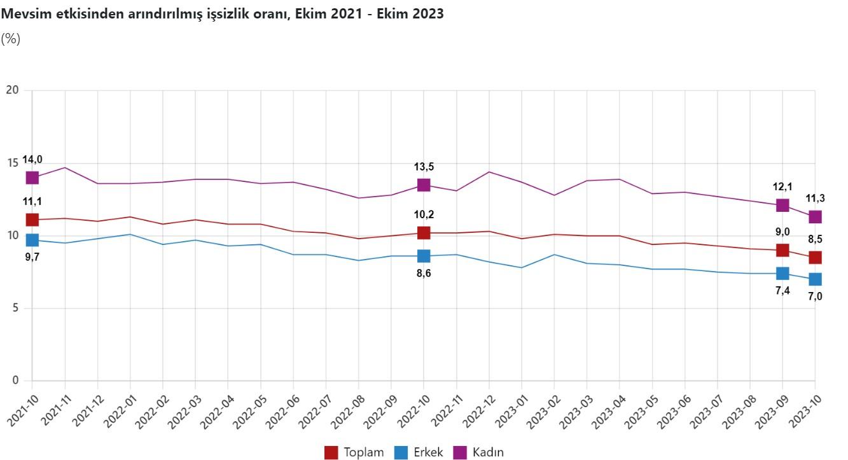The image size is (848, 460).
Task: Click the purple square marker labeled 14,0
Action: pos(32,178)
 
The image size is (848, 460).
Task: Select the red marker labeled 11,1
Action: pos(32,220)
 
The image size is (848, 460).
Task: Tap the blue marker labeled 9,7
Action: pos(32,240)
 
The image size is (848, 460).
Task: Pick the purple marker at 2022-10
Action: pos(424,185)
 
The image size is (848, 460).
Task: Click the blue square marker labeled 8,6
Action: pos(424,256)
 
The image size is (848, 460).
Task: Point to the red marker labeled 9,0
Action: pos(782,250)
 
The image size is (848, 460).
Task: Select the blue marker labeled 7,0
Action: pos(815,279)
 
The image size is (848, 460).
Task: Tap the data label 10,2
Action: pos(424,214)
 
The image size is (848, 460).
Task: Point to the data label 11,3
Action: pos(815,198)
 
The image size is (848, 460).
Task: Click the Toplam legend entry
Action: pos(355,452)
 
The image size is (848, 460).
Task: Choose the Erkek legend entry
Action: pos(419,452)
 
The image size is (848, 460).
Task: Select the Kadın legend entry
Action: pos(478,452)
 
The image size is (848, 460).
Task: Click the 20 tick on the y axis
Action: pos(12,90)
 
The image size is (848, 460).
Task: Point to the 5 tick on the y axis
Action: pos(15,309)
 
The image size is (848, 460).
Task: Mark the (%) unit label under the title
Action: pos(11,39)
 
